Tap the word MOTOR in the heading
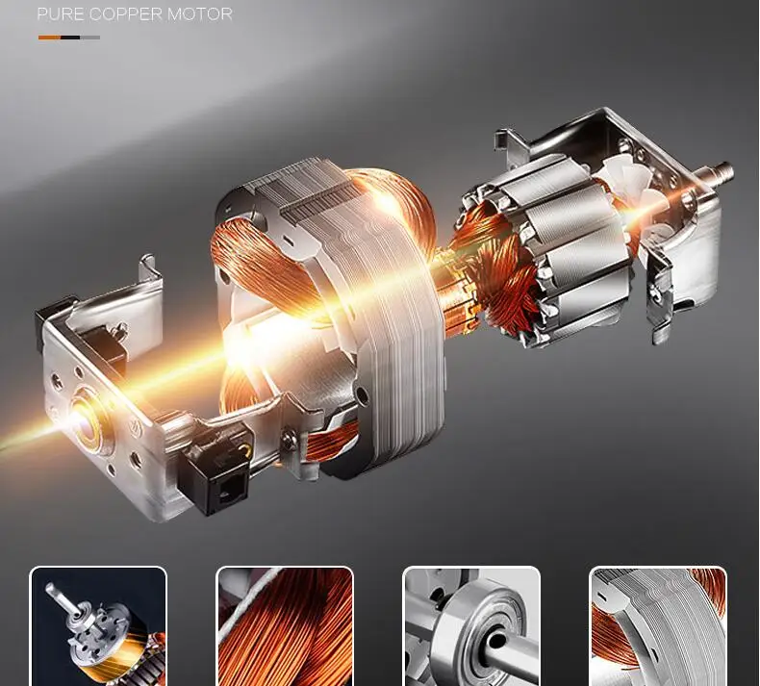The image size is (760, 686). point(200,14)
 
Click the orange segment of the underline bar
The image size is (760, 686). point(49,38)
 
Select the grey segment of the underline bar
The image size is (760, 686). point(90,38)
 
